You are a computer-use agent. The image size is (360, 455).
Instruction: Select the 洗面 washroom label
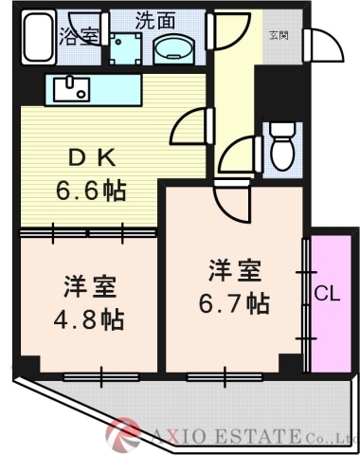[x=154, y=18]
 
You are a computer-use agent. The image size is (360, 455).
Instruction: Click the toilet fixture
[x=280, y=146]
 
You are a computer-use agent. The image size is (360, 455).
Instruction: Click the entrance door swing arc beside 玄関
[x=320, y=43]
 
